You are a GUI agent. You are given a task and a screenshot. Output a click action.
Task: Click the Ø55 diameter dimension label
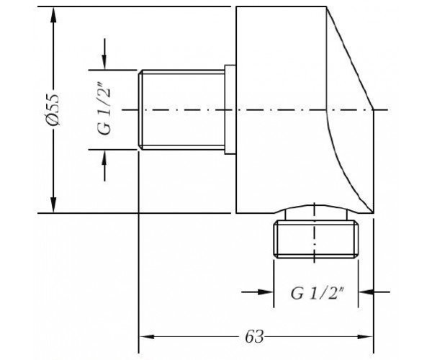pyautogui.click(x=53, y=109)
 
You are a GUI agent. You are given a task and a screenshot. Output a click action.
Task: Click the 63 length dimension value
pyautogui.click(x=254, y=336)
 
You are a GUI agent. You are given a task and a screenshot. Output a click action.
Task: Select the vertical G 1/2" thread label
pyautogui.click(x=105, y=111)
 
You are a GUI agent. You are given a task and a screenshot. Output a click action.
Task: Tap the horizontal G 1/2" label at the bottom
pyautogui.click(x=318, y=293)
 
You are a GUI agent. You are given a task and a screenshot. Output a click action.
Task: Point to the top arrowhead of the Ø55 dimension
pyautogui.click(x=53, y=14)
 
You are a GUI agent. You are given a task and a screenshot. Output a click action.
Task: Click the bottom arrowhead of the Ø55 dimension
pyautogui.click(x=53, y=205)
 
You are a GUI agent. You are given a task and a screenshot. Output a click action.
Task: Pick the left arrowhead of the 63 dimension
pyautogui.click(x=147, y=336)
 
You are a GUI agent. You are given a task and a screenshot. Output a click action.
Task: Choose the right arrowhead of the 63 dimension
pyautogui.click(x=365, y=336)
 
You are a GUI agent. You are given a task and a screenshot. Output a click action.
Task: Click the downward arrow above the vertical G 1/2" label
pyautogui.click(x=104, y=54)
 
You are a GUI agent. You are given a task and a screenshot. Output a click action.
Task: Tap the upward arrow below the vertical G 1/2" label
pyautogui.click(x=104, y=166)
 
